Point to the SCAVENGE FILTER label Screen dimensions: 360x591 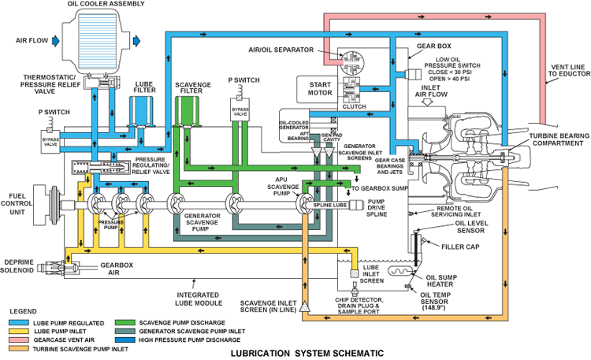click(191, 89)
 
